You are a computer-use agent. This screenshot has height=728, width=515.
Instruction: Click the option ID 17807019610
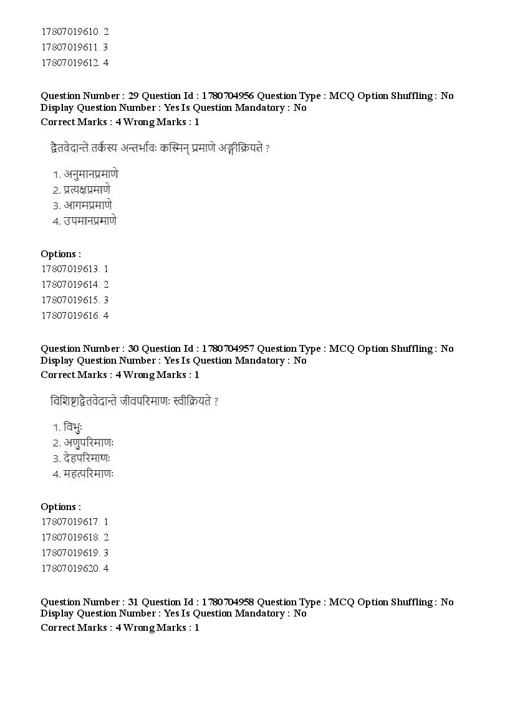pos(69,31)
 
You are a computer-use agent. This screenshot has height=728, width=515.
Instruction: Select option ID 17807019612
pos(69,62)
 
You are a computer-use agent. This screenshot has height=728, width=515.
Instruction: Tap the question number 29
pos(133,96)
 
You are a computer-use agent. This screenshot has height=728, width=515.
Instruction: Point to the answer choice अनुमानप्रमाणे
pos(90,174)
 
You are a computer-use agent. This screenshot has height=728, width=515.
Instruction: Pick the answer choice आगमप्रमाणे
pos(87,205)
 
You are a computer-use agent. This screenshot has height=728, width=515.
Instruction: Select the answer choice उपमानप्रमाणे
pos(90,220)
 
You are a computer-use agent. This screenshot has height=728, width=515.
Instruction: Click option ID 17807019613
pos(69,269)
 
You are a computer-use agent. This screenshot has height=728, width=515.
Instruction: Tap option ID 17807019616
pos(69,316)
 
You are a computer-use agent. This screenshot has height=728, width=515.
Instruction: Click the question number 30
pos(133,349)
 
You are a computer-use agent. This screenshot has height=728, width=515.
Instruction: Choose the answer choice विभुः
pos(73,427)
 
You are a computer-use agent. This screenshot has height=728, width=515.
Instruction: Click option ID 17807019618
pos(69,537)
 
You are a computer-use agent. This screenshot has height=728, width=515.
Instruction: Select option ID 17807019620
pos(69,569)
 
